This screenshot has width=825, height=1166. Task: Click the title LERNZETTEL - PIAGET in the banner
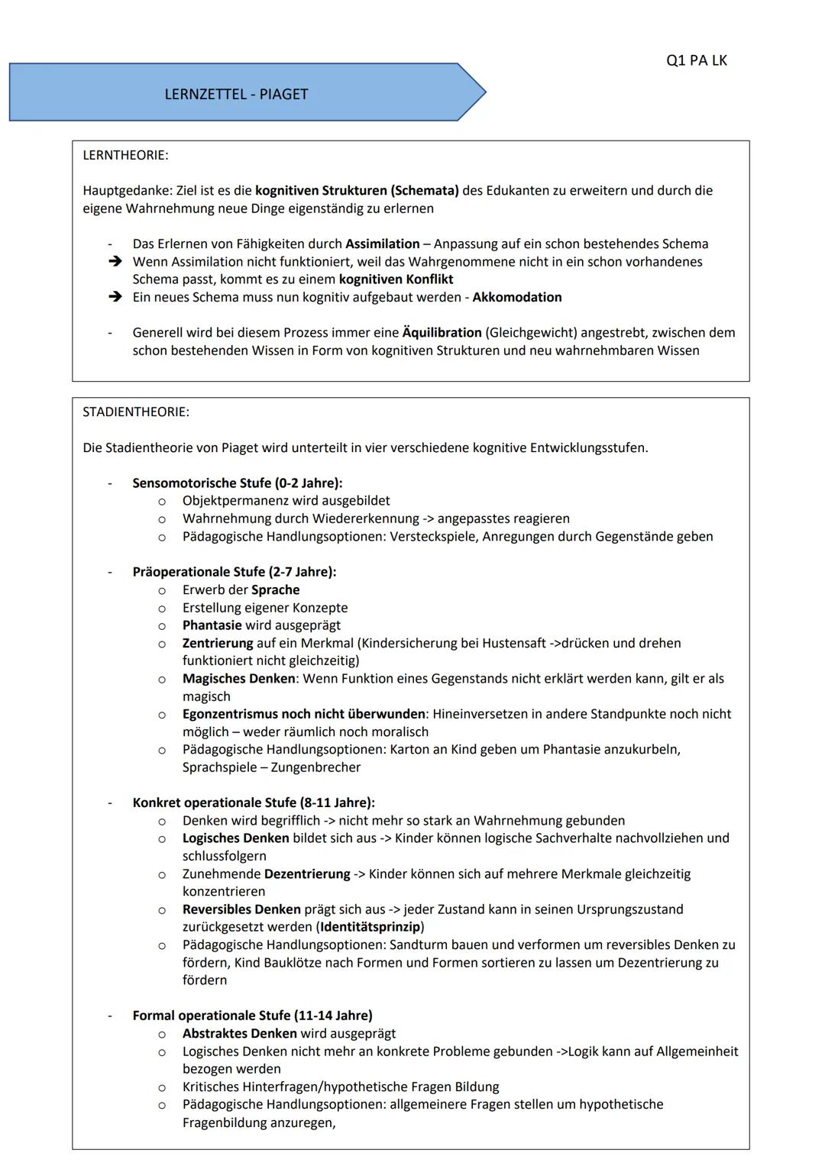pos(236,95)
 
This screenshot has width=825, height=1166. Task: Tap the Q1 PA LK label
pos(696,60)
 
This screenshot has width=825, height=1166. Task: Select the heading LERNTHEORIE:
pos(125,155)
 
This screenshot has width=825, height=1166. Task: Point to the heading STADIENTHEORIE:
pos(136,412)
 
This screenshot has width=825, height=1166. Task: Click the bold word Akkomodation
pos(517,297)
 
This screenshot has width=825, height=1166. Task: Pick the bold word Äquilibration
pos(442,332)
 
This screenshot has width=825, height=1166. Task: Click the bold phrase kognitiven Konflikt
pos(396,279)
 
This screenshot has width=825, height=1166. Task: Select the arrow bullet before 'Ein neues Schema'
pos(115,297)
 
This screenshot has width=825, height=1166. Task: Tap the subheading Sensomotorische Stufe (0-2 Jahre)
pos(237,483)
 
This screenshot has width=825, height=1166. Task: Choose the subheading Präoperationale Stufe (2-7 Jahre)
pos(234,571)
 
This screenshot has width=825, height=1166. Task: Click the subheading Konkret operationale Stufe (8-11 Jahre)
pos(253,803)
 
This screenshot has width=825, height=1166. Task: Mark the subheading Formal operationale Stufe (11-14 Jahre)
pos(252,1016)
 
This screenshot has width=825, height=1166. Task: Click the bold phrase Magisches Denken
pos(238,678)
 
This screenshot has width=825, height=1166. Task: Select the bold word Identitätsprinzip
pos(370,927)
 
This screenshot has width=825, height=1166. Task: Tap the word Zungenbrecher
pos(315,767)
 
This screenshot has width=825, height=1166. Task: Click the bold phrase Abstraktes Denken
pos(239,1033)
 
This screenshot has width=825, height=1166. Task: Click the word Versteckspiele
pos(432,536)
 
